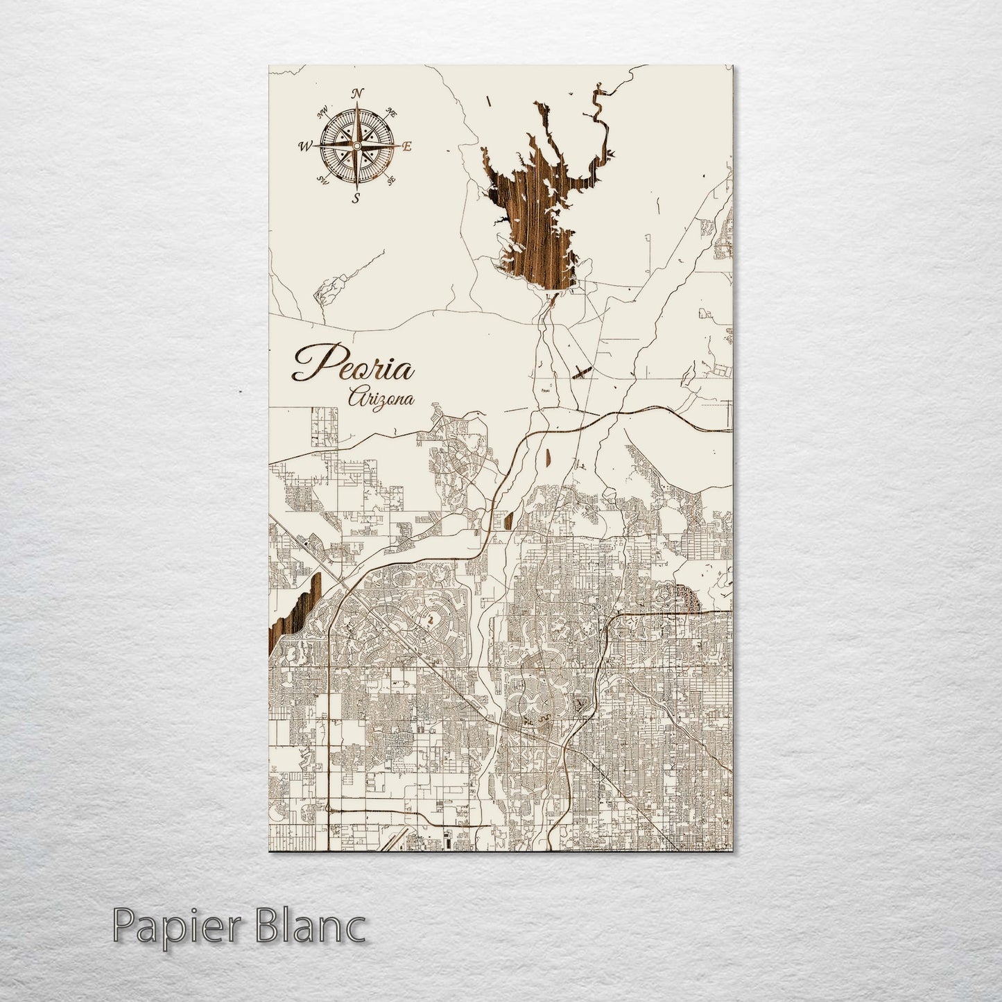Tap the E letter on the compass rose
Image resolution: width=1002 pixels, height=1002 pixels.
click(408, 146)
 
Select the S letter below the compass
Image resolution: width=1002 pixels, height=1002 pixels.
click(356, 199)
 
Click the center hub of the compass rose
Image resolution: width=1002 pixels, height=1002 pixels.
click(356, 146)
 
